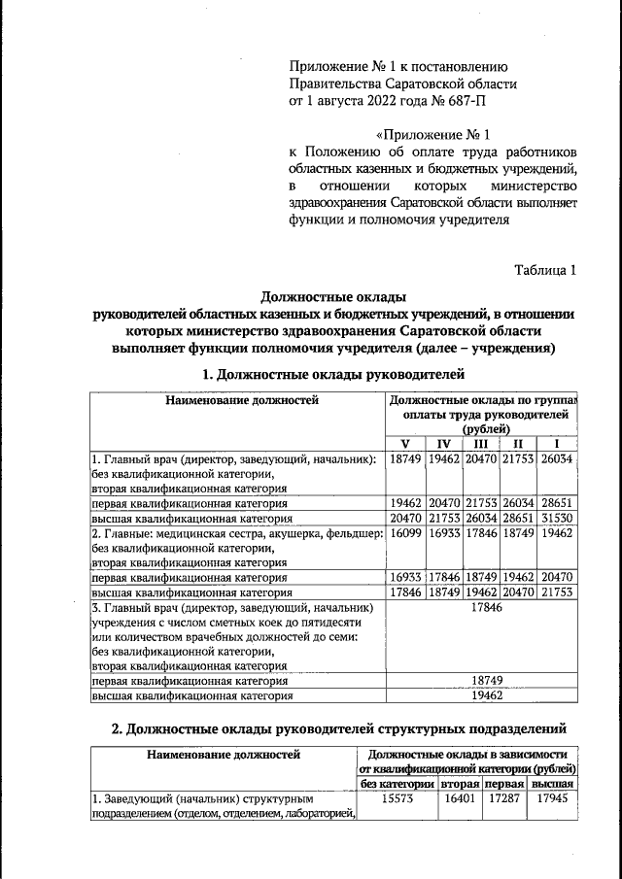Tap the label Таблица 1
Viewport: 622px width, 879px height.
pyautogui.click(x=545, y=269)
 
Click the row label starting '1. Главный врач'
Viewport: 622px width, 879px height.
pyautogui.click(x=233, y=457)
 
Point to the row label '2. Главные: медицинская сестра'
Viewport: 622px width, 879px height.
pyautogui.click(x=233, y=533)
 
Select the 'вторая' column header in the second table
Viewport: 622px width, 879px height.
pyautogui.click(x=461, y=784)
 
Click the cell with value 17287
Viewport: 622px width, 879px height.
pyautogui.click(x=505, y=799)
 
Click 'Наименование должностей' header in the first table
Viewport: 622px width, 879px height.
pyautogui.click(x=240, y=399)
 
